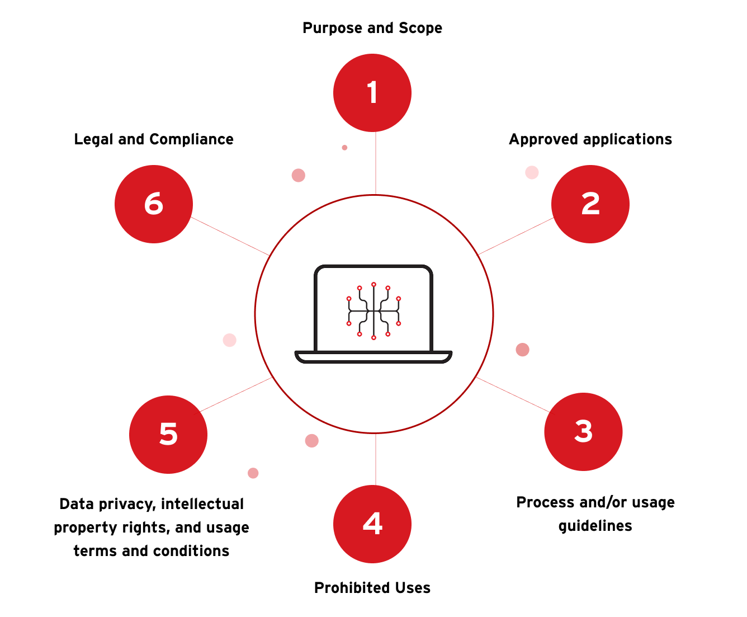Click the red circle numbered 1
(x=372, y=93)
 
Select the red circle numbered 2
(x=590, y=204)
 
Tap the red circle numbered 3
(x=583, y=432)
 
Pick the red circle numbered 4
(x=372, y=524)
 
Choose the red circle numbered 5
(x=168, y=435)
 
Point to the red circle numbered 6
(x=154, y=204)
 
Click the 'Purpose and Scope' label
(x=372, y=28)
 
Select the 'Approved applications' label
(x=590, y=139)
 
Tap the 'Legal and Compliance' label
(x=154, y=139)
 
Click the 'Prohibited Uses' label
(x=372, y=588)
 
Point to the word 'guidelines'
(x=595, y=526)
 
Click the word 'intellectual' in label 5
(x=202, y=504)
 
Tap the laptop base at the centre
(x=373, y=357)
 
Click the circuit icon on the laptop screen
(x=373, y=311)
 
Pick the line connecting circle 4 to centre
(x=375, y=459)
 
